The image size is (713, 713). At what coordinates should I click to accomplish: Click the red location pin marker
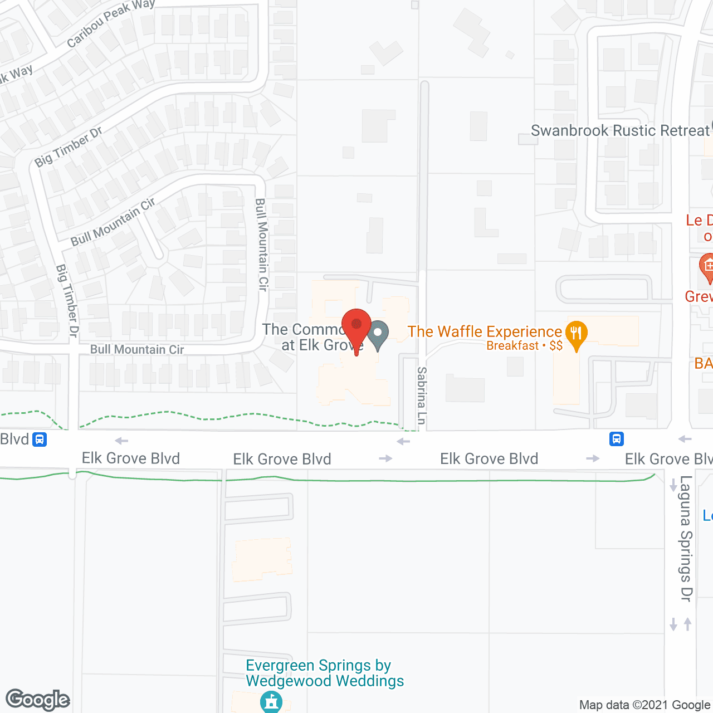point(356,326)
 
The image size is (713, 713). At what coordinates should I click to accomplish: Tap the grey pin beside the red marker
point(378,334)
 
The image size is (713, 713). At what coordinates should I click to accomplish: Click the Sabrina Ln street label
point(422,395)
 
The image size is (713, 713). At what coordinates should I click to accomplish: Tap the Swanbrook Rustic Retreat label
point(620,131)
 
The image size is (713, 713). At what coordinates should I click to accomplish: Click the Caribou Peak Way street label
point(110,23)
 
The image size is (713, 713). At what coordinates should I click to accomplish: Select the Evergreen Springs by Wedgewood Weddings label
point(325,673)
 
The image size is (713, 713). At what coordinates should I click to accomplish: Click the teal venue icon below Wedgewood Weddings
point(271,701)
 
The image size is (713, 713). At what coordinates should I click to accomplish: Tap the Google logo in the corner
point(38,700)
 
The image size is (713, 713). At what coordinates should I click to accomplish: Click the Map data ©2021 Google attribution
point(644,705)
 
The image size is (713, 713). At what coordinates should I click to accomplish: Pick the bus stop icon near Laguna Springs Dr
point(616,439)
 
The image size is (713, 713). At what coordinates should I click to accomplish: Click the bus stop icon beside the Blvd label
point(40,439)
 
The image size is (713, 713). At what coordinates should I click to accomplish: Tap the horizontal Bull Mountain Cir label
point(137,350)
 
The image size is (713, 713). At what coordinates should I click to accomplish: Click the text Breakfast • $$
point(524,346)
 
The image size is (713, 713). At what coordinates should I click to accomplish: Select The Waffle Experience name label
point(485,332)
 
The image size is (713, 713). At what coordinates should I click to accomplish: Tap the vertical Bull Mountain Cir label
point(261,245)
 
